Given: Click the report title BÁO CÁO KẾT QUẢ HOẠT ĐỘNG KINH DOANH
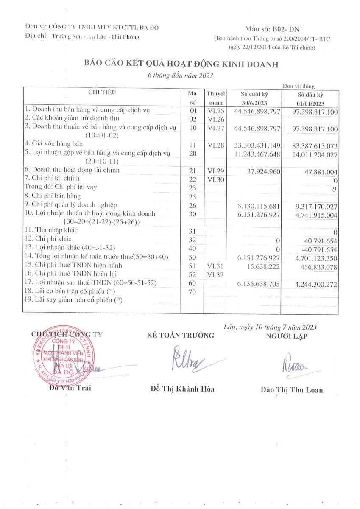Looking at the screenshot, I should (x=181, y=64).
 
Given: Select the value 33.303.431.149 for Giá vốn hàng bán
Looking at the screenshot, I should (x=257, y=145).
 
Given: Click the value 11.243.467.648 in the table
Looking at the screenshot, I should (x=257, y=154).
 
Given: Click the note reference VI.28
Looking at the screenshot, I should (x=216, y=145).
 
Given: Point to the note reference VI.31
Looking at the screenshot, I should (x=216, y=266).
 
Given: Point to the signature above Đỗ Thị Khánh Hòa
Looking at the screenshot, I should (x=187, y=359).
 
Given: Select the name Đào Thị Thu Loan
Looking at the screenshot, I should (x=291, y=390).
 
